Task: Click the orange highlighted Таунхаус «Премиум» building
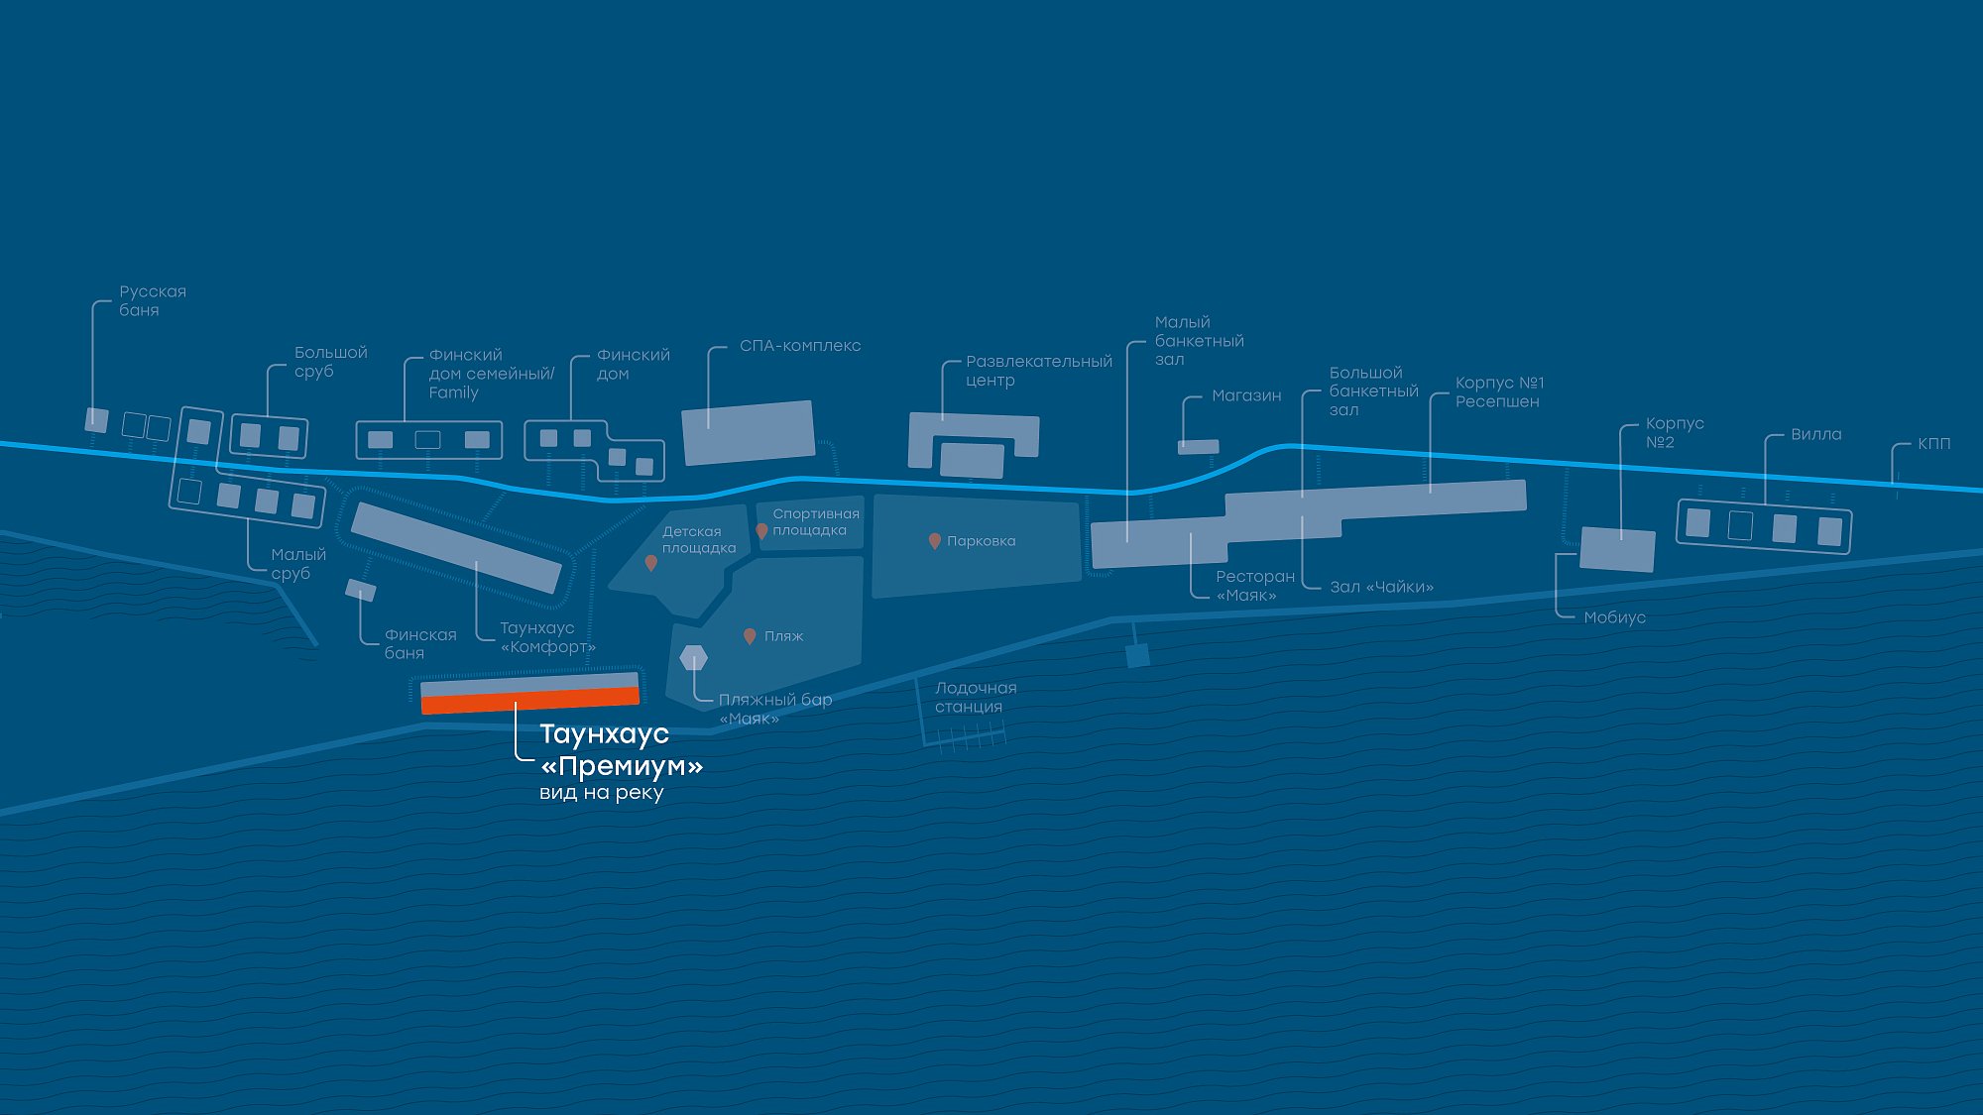coord(530,701)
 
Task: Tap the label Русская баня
coord(152,300)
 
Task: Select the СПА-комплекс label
coord(799,346)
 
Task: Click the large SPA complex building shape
coord(749,432)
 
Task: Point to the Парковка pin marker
coord(934,541)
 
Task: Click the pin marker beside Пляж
coord(750,636)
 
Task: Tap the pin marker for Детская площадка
coord(650,563)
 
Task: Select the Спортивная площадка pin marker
coord(761,531)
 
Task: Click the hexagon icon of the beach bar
coord(694,657)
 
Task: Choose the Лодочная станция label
coord(976,697)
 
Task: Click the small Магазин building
coord(1198,447)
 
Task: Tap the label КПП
coord(1933,443)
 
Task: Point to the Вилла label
coord(1815,434)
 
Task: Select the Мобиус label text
coord(1614,617)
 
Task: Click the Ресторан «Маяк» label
coord(1254,586)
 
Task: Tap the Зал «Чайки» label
coord(1381,587)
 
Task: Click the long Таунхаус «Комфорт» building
coord(456,548)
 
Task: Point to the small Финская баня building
coord(361,591)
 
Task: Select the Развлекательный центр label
coord(1038,371)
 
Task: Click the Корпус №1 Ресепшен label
coord(1499,391)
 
